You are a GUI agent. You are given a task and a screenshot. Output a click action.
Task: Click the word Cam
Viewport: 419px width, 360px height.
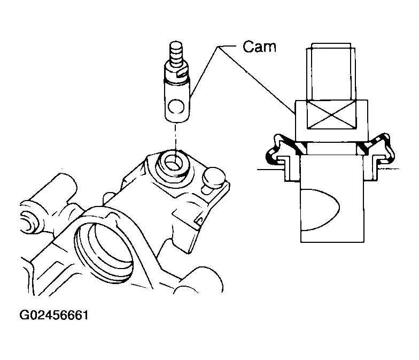pyautogui.click(x=259, y=47)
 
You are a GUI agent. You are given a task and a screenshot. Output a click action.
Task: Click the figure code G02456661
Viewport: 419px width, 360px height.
pyautogui.click(x=53, y=315)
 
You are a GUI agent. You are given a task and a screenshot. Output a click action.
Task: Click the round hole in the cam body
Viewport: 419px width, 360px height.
pyautogui.click(x=176, y=107)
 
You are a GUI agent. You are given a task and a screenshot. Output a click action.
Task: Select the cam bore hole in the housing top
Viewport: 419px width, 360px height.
pyautogui.click(x=173, y=164)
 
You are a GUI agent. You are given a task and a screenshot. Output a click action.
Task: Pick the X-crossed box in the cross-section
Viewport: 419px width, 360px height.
pyautogui.click(x=331, y=115)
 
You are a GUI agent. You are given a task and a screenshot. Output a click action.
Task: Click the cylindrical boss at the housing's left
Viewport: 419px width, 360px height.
pyautogui.click(x=53, y=187)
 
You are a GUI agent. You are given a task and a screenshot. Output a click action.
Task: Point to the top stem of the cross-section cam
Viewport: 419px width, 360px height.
pyautogui.click(x=331, y=72)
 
